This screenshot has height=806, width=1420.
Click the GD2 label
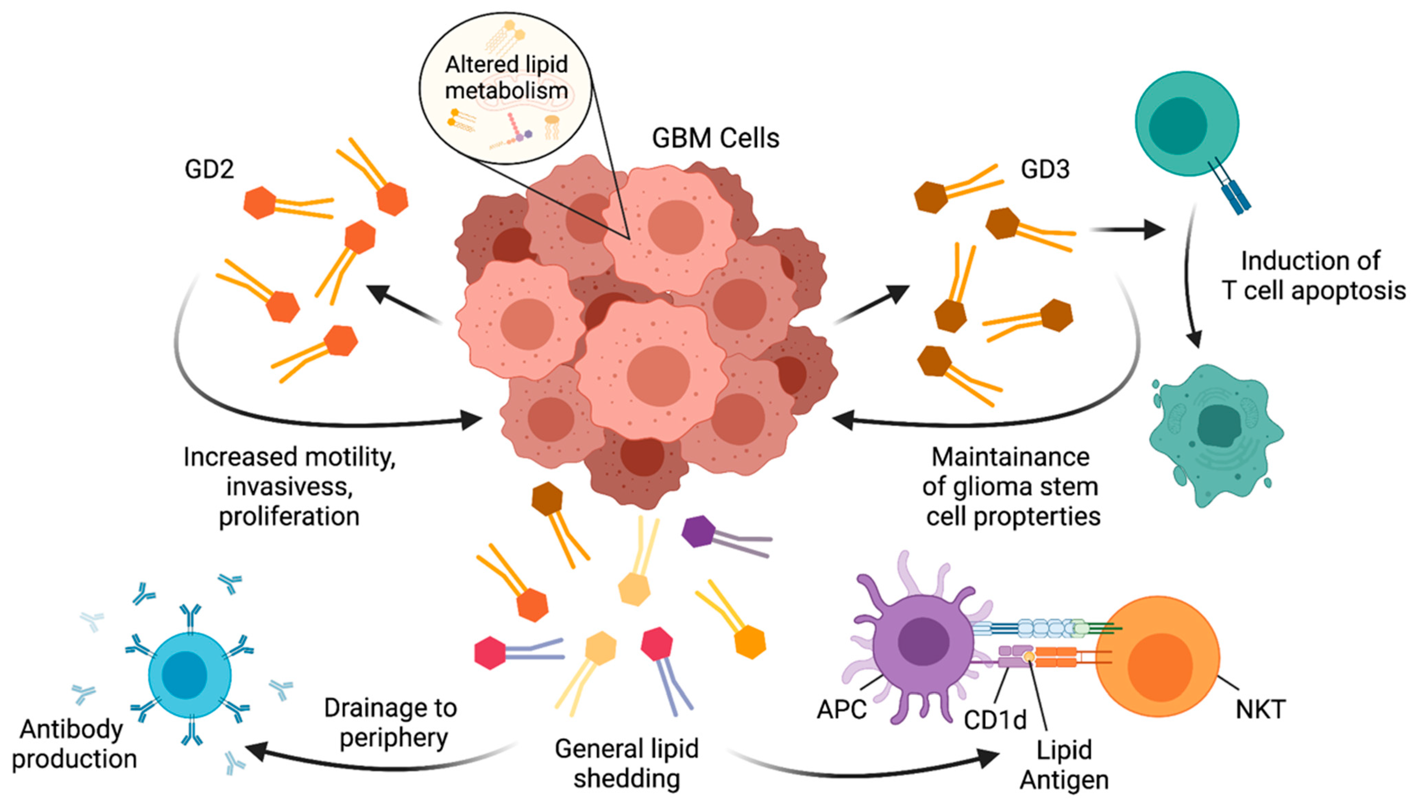pos(209,169)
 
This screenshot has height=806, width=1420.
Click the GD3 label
pos(1045,169)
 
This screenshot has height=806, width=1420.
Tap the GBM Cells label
pos(715,138)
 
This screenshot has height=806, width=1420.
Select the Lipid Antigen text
pos(1064,765)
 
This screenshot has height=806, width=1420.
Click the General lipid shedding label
pos(626,764)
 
